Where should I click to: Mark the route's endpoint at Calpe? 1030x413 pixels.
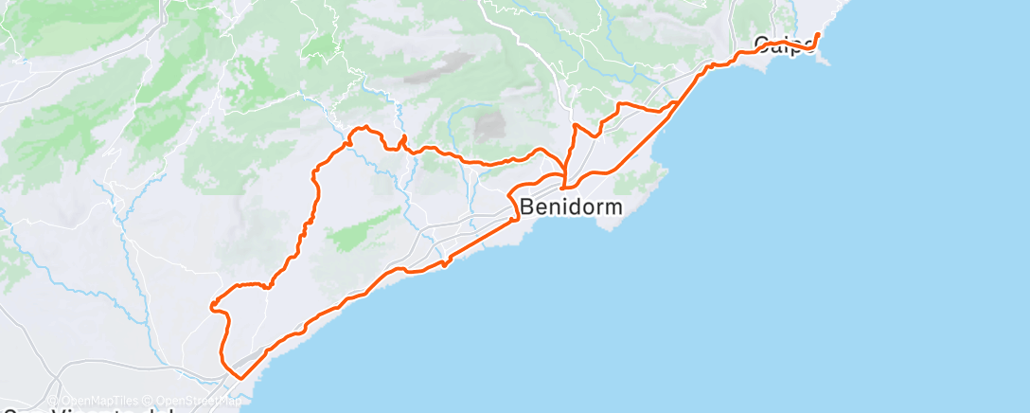[817, 35]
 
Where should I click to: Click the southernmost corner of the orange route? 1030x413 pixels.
[241, 378]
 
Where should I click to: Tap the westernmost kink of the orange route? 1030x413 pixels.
[212, 304]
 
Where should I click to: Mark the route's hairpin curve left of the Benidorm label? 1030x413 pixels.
[511, 200]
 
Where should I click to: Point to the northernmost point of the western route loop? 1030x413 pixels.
[361, 128]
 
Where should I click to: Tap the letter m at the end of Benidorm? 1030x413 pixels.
[613, 206]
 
